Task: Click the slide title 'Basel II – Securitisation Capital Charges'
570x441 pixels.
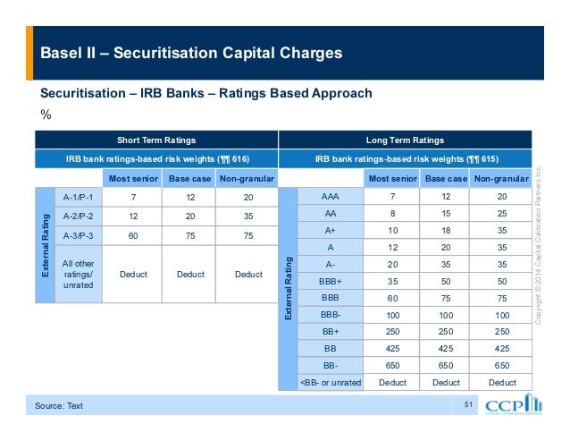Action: pyautogui.click(x=190, y=53)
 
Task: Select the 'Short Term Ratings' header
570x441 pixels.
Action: pyautogui.click(x=156, y=140)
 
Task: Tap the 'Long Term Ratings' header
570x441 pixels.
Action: pyautogui.click(x=406, y=140)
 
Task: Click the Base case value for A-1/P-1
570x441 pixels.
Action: pyautogui.click(x=190, y=196)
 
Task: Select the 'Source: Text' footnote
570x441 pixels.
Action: pyautogui.click(x=59, y=406)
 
